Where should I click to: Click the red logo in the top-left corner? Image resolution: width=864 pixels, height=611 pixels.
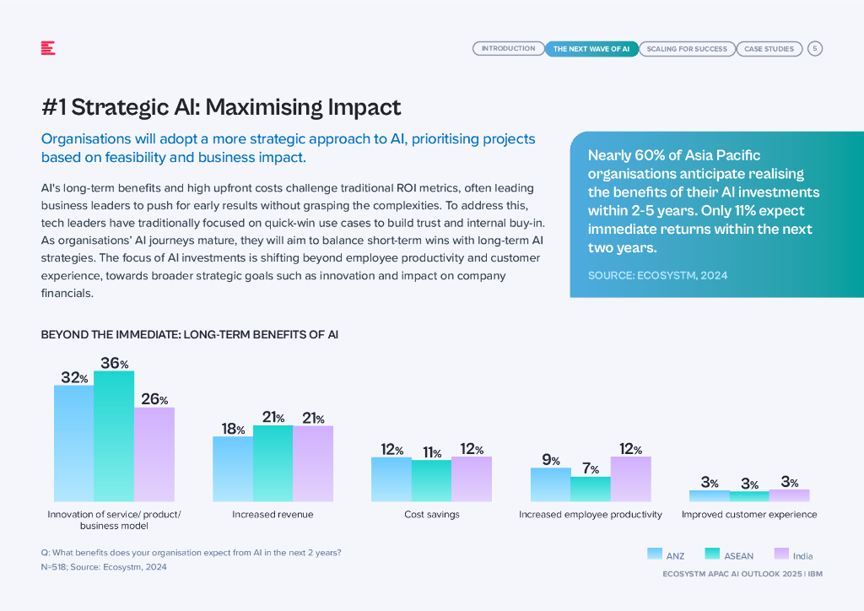coord(48,48)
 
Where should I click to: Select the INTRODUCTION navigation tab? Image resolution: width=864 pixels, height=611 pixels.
coord(508,49)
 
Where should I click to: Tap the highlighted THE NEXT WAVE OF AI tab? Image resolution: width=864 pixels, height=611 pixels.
coord(591,49)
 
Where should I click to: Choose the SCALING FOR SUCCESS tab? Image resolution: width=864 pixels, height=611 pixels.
coord(687,49)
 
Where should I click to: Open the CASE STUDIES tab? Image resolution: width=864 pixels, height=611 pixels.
coord(769,49)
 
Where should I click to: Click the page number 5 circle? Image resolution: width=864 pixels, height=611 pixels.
coord(815,49)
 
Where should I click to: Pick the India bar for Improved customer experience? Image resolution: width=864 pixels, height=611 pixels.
coord(789,495)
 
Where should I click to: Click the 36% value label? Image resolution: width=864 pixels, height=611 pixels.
coord(114,363)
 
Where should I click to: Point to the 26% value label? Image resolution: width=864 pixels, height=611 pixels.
coord(154,399)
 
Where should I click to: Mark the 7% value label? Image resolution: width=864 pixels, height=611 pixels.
coord(590,469)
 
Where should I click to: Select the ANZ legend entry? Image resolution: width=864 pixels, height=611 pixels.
coord(666,555)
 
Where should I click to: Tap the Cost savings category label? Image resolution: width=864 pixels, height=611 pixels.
coord(431,514)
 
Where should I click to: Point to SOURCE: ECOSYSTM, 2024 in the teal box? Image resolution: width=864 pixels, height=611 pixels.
coord(657,275)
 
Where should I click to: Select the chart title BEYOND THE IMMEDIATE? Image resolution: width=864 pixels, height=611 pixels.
coord(190,335)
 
